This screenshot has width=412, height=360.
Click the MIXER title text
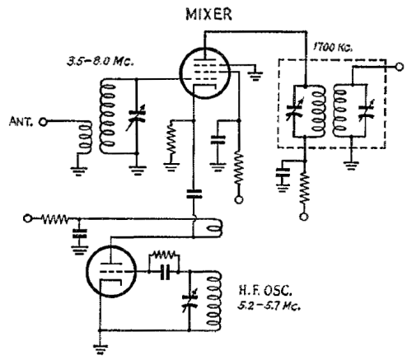click(208, 14)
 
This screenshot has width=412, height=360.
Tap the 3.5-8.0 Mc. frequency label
click(101, 61)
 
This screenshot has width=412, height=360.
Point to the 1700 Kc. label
click(333, 47)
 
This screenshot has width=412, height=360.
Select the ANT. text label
click(21, 121)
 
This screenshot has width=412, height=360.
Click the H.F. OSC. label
click(265, 291)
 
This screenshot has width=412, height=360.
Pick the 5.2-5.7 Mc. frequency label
click(269, 306)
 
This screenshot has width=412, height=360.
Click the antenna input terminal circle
click(43, 122)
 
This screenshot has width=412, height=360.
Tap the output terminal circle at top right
click(399, 67)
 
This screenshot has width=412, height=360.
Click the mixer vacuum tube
click(204, 73)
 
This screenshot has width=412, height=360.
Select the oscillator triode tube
click(111, 272)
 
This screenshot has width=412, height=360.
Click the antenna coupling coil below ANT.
click(86, 138)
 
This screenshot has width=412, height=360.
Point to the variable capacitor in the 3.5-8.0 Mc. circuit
click(137, 117)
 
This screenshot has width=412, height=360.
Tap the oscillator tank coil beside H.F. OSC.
click(213, 302)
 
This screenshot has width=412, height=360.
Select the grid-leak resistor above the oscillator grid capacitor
click(164, 255)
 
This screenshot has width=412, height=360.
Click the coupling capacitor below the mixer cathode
click(194, 194)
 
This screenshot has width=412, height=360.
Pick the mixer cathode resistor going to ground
click(171, 141)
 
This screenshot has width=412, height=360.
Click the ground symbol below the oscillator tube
click(100, 348)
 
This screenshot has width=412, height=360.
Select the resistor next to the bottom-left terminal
click(54, 219)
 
